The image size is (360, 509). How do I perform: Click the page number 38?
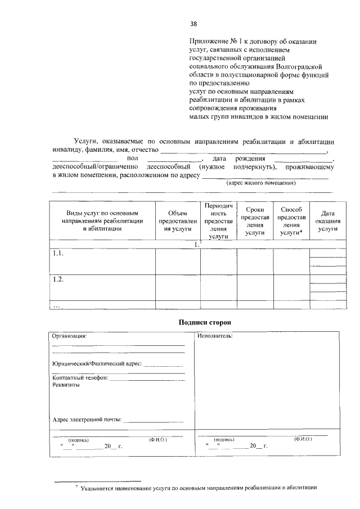pos(193,24)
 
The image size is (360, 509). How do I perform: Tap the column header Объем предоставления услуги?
pos(177,221)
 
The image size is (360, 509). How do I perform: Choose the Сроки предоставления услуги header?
pos(255,220)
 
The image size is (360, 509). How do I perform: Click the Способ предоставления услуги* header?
pos(291,220)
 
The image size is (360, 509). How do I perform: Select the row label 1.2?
pos(58,280)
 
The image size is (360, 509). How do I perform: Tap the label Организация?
pos(70,336)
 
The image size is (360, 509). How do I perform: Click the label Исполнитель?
pos(215,336)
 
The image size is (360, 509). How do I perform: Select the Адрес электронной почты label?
pos(87,420)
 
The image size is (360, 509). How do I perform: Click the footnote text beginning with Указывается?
pos(199,488)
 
